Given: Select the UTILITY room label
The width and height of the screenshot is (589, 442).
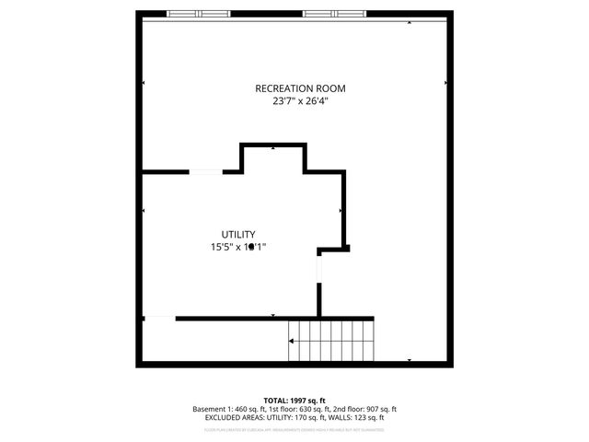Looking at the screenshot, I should click(237, 235).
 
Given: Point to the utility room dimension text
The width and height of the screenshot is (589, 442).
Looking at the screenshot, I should click(237, 247).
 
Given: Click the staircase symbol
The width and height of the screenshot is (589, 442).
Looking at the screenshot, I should click(332, 341).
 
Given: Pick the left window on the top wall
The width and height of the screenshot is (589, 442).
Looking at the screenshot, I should click(199, 14).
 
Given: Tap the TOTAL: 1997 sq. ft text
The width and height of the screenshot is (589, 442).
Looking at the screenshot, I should click(294, 401).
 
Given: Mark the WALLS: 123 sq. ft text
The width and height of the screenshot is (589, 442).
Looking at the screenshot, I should click(363, 417).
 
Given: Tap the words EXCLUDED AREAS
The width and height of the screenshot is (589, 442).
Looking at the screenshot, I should click(237, 417).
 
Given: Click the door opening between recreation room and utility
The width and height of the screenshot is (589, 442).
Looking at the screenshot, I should click(205, 171).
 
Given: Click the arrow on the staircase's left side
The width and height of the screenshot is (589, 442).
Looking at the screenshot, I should click(293, 341).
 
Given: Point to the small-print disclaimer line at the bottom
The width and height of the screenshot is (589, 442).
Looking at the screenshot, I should click(294, 428).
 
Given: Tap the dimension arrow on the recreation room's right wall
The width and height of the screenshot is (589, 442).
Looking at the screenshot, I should click(445, 83).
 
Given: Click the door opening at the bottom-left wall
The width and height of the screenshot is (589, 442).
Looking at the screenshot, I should click(159, 319).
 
